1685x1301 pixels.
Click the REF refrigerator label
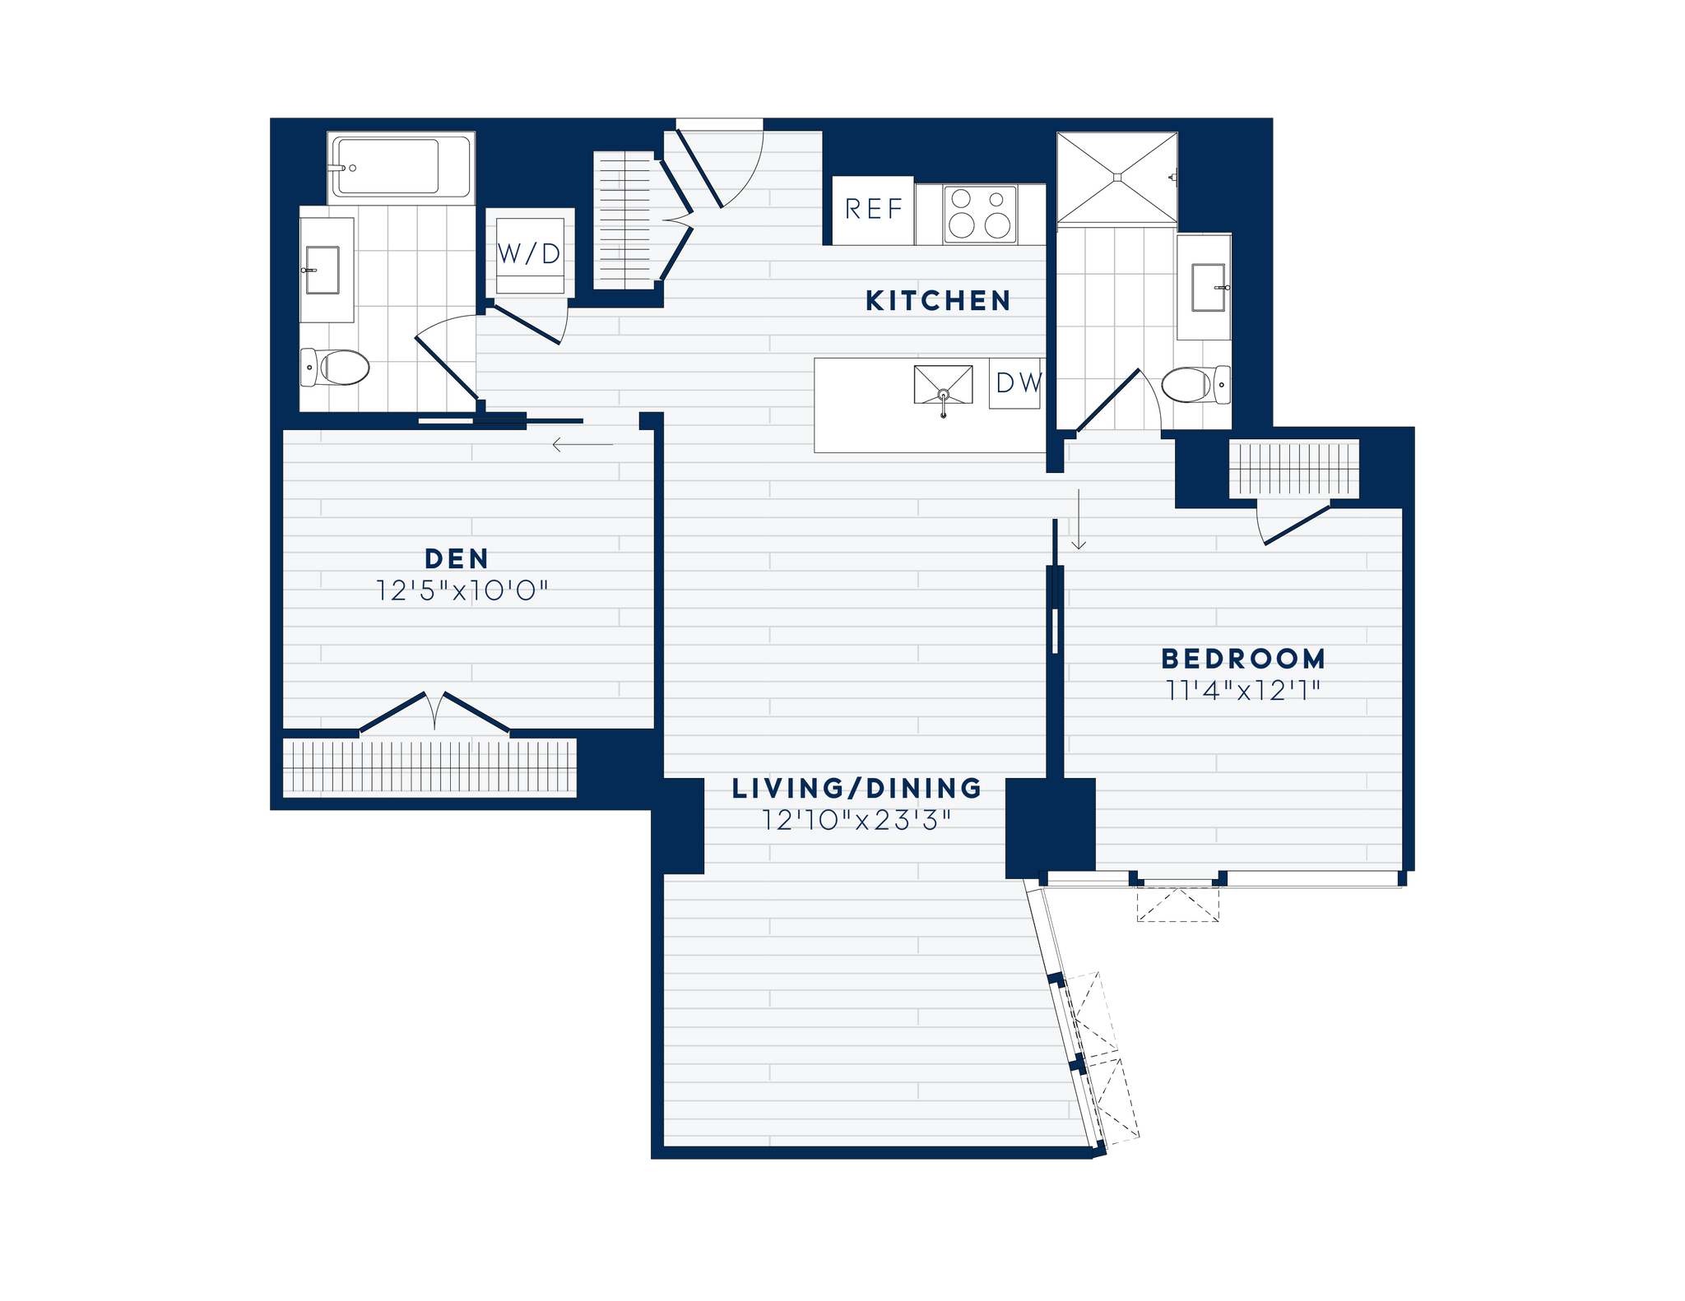pos(873,210)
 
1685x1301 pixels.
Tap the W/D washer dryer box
pos(529,254)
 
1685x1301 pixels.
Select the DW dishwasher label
pos(1017,383)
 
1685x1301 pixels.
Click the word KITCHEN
pos(938,301)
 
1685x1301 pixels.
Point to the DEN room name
pos(457,559)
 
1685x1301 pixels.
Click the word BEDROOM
pos(1243,659)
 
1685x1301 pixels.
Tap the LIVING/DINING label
pos(856,789)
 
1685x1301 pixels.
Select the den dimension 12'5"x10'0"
pos(462,590)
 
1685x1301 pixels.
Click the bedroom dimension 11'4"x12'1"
pos(1243,691)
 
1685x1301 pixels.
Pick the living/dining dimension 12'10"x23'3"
pos(856,821)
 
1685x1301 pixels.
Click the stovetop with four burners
pos(979,214)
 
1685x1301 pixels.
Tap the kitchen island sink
pos(943,385)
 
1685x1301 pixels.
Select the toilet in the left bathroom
pos(337,367)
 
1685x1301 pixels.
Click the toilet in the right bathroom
pos(1194,384)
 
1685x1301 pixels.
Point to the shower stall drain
pos(1117,177)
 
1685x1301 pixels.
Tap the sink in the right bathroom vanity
pos(1208,288)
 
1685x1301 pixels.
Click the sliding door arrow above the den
pos(583,445)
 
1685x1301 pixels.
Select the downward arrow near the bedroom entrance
pos(1079,520)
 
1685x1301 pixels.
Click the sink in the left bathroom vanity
pos(323,270)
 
